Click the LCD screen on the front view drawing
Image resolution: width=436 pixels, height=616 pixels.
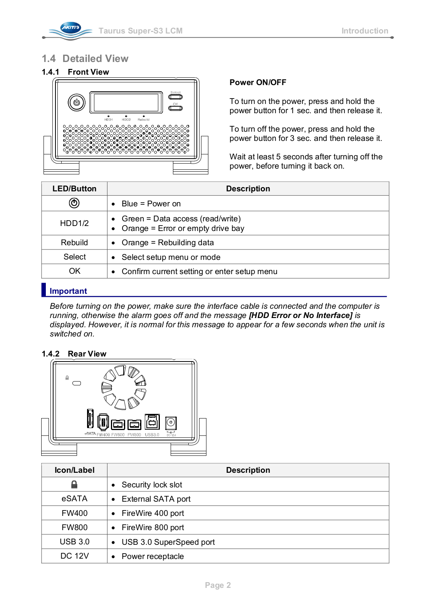(126, 102)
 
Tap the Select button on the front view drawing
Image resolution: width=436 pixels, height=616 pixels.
(175, 97)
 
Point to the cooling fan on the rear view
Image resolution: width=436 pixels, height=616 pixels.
(123, 387)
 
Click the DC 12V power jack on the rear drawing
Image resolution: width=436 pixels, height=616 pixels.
(171, 423)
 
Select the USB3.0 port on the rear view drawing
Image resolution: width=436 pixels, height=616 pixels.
(152, 422)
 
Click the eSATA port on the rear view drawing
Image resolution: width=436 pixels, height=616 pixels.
(90, 418)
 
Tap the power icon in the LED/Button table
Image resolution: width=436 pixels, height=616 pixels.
(74, 203)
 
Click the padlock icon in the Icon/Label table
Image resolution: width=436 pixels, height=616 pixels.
(74, 484)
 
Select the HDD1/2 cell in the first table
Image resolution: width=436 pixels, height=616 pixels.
(74, 223)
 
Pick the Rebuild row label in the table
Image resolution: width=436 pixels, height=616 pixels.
(74, 243)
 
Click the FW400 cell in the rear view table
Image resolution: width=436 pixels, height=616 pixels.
(74, 513)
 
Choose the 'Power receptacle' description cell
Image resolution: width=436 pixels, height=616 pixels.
(153, 556)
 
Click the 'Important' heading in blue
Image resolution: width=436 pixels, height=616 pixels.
(68, 291)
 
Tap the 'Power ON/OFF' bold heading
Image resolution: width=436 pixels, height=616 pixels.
(258, 82)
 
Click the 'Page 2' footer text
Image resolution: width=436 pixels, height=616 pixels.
(218, 585)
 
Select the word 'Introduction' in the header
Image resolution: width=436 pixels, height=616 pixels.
(364, 31)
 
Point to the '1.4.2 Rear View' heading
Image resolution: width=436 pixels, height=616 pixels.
(74, 354)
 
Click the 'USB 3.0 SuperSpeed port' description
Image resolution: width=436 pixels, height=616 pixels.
(168, 542)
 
